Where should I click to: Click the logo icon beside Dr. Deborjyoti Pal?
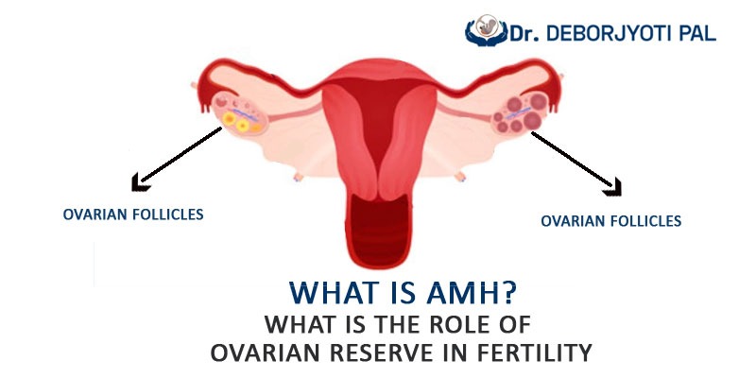click(x=486, y=30)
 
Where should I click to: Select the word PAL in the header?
click(x=699, y=34)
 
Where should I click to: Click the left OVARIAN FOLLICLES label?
click(x=133, y=215)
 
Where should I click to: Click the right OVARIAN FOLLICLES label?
click(x=610, y=221)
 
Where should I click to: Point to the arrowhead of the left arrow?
click(x=138, y=182)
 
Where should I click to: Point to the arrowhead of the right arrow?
click(x=613, y=187)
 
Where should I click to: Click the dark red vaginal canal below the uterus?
click(x=379, y=229)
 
